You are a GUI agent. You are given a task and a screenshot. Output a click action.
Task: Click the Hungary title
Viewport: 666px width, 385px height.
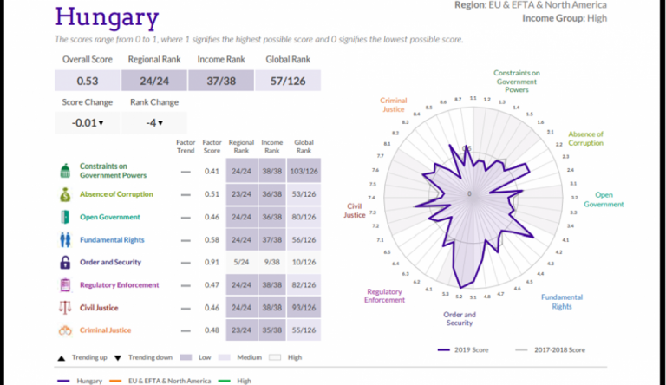click(107, 17)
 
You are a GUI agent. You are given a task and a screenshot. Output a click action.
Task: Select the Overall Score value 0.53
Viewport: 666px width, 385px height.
click(87, 81)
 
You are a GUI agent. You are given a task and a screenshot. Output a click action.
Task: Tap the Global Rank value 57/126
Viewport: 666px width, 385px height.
click(288, 81)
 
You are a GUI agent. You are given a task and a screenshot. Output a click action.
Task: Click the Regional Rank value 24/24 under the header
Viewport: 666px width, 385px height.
click(153, 81)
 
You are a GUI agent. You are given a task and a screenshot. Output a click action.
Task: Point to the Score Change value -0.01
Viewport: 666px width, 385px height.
click(87, 123)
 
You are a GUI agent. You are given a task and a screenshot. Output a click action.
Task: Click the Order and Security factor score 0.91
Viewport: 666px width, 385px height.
click(211, 262)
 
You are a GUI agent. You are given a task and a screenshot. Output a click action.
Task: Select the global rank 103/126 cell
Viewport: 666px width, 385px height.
click(304, 172)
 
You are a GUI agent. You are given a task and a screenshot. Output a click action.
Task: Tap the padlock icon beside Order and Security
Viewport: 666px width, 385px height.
click(65, 262)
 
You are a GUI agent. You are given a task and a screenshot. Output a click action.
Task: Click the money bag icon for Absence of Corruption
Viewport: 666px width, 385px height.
click(65, 194)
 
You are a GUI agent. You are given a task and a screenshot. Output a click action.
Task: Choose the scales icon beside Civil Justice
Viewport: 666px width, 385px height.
click(65, 307)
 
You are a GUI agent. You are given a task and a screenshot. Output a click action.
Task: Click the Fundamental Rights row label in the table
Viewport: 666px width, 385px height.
click(112, 239)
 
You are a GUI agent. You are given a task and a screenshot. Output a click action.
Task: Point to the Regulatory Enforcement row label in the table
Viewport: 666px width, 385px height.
click(120, 284)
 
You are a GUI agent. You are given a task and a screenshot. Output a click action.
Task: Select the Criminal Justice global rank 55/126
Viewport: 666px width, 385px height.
click(304, 330)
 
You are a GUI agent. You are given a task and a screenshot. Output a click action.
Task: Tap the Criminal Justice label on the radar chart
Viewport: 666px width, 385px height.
click(394, 106)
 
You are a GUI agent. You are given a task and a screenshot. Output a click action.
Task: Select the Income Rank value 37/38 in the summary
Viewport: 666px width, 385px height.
click(222, 81)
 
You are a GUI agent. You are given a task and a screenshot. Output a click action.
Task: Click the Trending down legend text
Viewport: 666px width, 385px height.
click(148, 356)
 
